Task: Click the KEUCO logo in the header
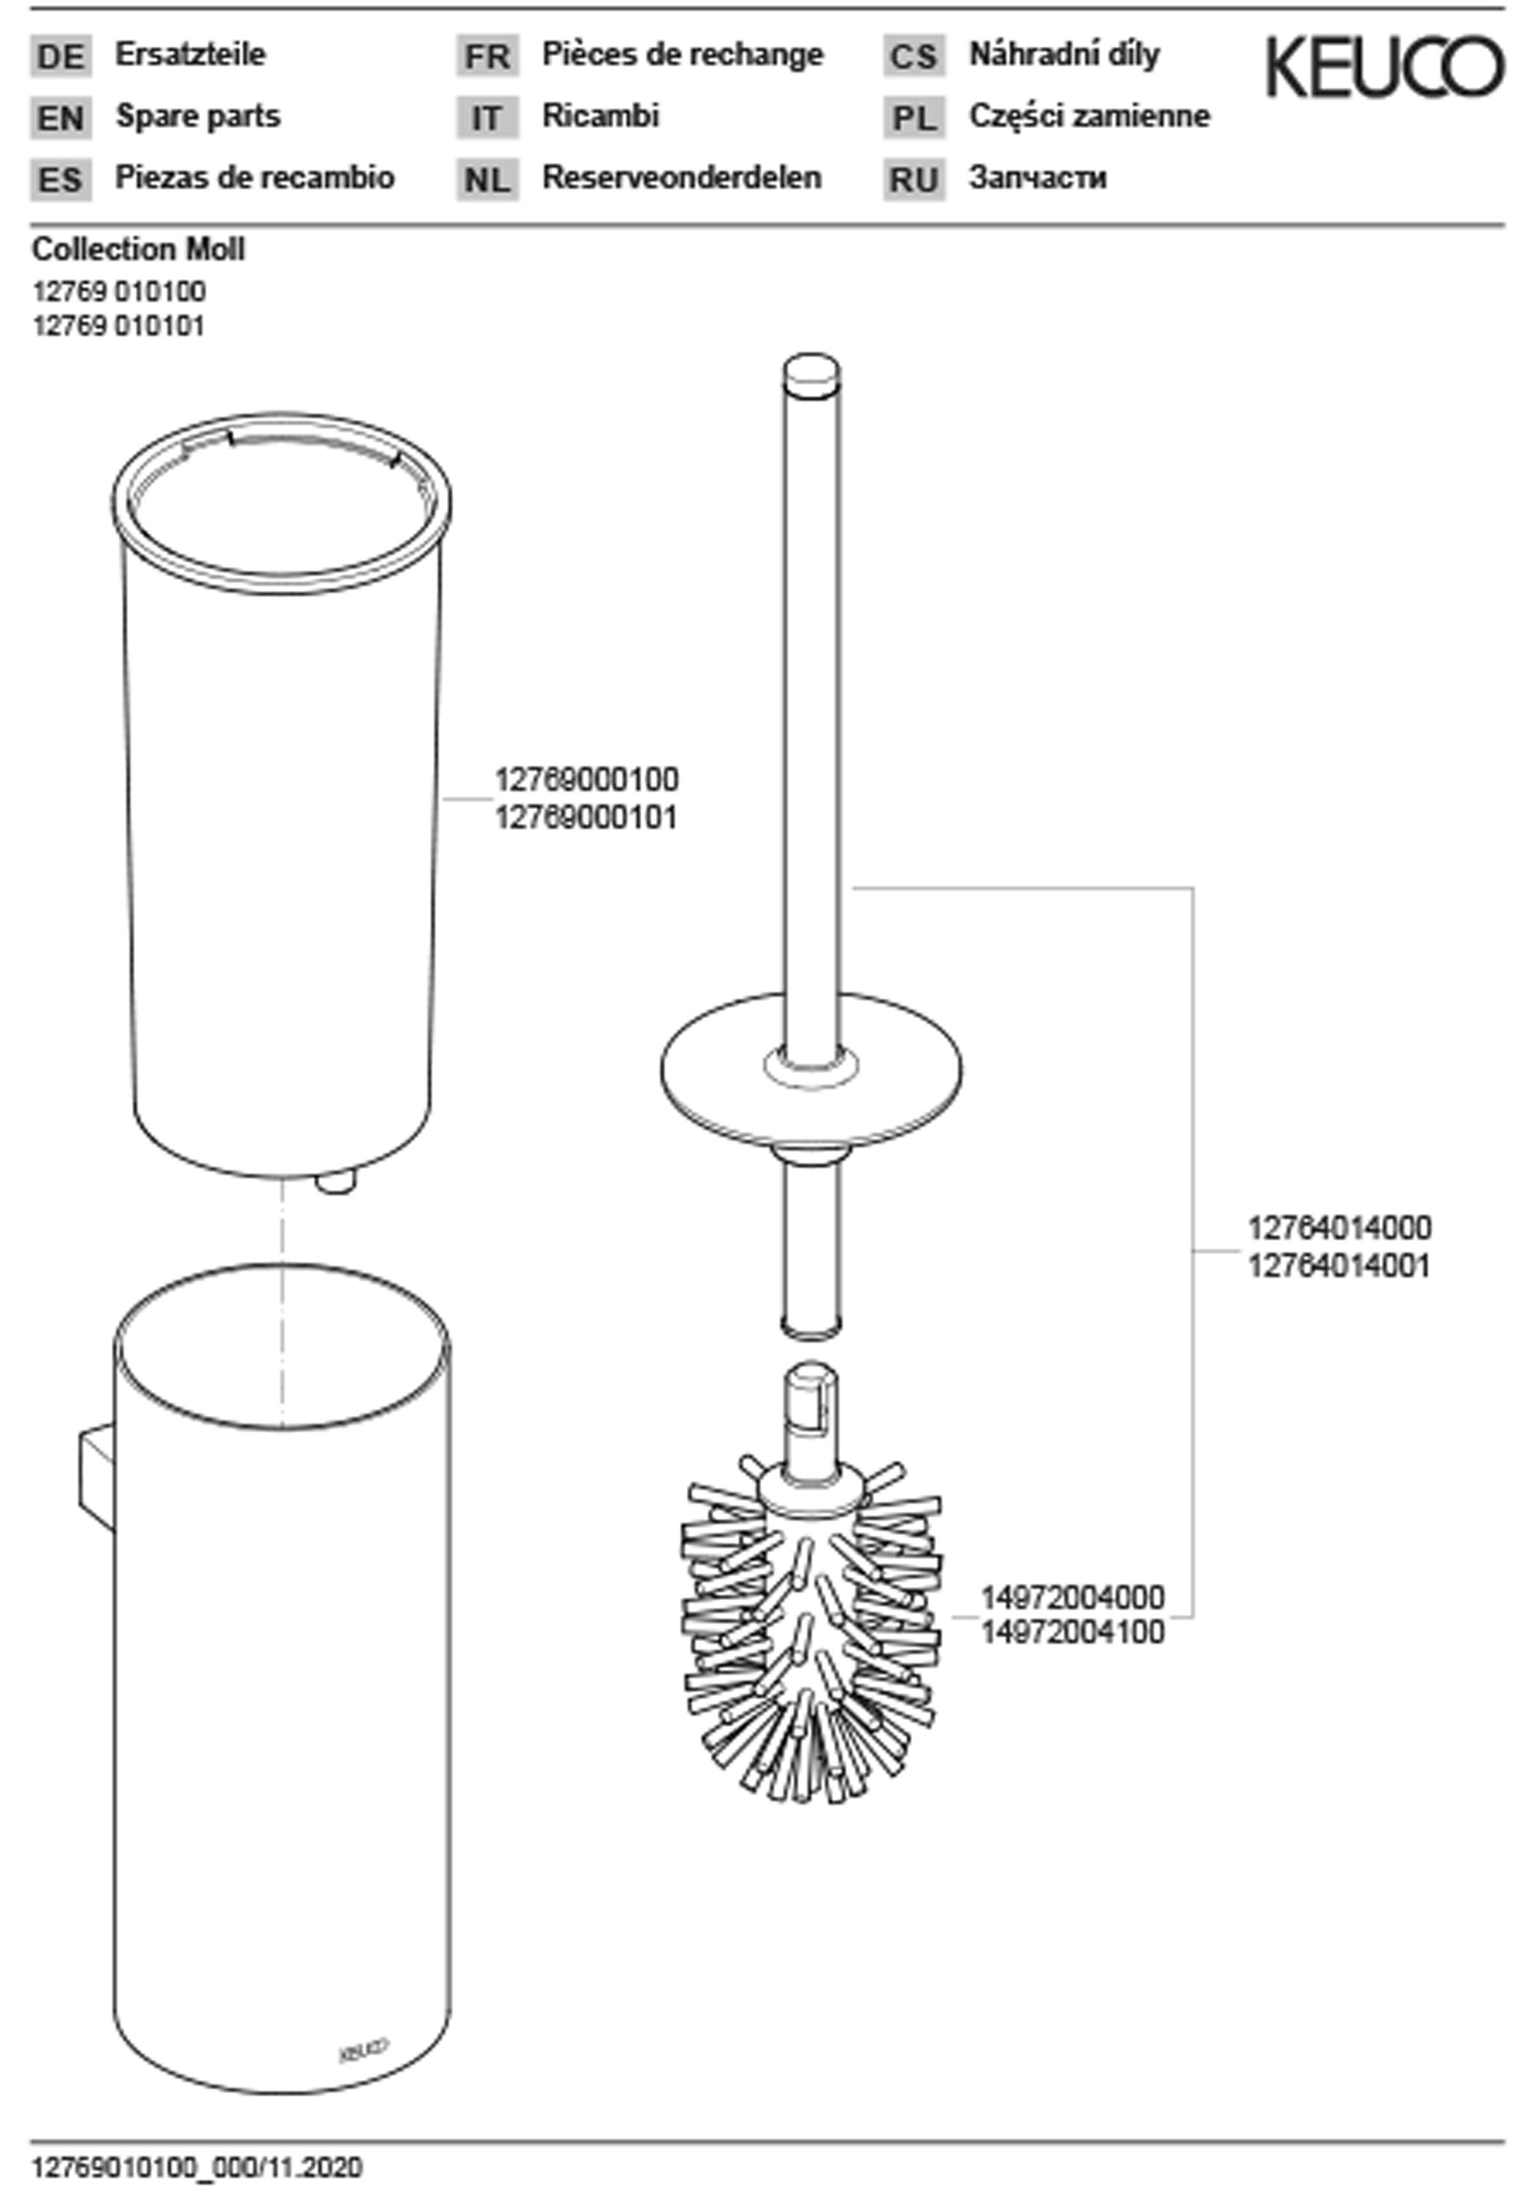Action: [1384, 66]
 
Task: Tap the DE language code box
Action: [61, 57]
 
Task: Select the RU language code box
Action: [914, 179]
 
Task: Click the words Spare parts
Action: [198, 115]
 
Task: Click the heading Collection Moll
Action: [139, 249]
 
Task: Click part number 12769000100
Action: [587, 779]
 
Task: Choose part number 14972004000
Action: [1072, 1597]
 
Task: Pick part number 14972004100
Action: [1072, 1632]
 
